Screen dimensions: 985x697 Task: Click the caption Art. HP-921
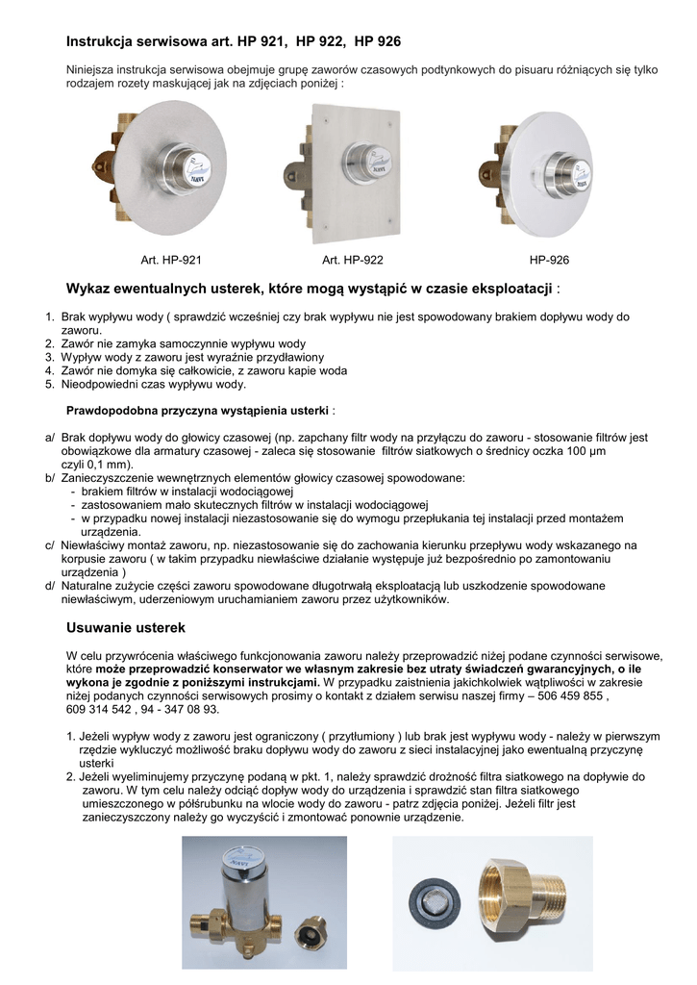(170, 260)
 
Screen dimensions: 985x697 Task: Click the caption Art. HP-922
(353, 260)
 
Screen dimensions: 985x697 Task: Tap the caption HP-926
(549, 260)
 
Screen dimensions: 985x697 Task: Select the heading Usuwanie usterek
(125, 627)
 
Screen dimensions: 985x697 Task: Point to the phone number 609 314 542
(100, 709)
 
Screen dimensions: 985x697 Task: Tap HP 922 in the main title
(320, 41)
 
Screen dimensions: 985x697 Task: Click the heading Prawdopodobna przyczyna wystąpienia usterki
(198, 410)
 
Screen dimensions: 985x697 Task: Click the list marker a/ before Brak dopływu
(50, 437)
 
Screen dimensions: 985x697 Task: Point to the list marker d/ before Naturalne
(50, 585)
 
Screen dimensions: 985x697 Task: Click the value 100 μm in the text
(585, 450)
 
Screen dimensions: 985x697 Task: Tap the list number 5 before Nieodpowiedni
(49, 384)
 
